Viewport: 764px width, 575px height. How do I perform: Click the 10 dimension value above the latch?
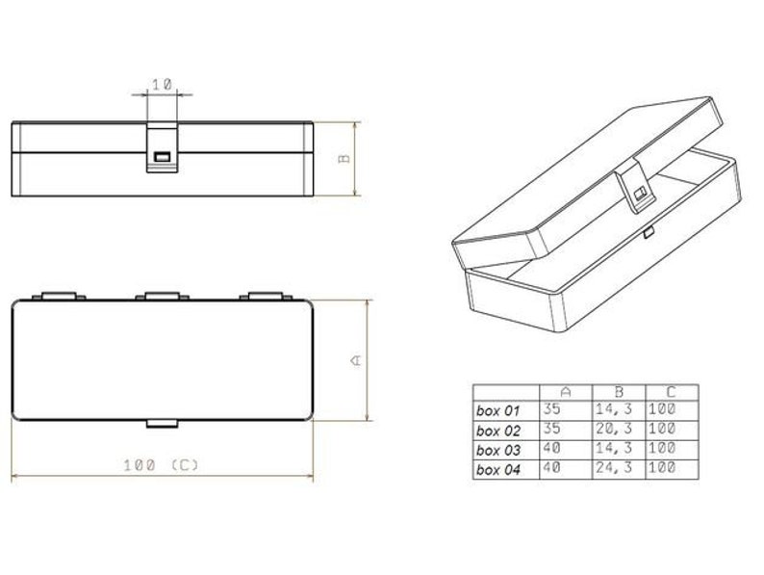162,85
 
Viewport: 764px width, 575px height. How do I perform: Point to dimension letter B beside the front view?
344,159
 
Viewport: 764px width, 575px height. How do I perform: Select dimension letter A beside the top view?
354,359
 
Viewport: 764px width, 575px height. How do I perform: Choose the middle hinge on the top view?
162,295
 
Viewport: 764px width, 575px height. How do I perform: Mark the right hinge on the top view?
266,295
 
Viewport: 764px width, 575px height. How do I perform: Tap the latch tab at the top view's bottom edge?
162,423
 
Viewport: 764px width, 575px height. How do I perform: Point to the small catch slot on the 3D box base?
649,232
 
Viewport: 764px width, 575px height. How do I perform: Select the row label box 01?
497,408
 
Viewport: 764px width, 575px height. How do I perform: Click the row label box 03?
497,449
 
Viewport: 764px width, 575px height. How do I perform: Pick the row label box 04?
497,469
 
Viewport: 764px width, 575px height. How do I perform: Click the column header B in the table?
619,391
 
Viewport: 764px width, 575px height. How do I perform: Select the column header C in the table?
671,391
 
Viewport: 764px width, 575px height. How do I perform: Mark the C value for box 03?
663,449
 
